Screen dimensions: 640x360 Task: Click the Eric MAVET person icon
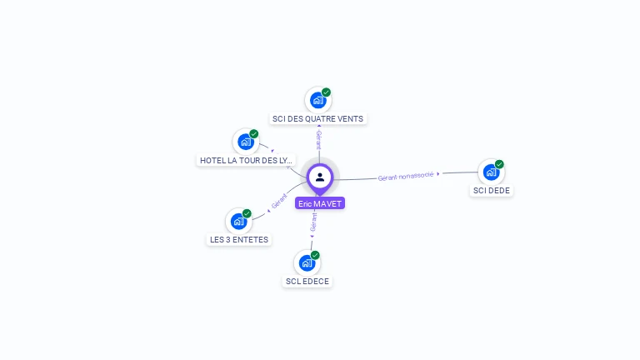[x=320, y=177]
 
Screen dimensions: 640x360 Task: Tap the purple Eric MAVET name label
[x=320, y=203]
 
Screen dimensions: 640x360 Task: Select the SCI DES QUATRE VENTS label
[x=317, y=119]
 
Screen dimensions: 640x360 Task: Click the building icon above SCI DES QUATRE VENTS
[x=317, y=100]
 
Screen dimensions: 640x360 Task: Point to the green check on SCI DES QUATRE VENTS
[x=327, y=92]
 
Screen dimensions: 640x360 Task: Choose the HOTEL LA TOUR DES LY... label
[x=246, y=160]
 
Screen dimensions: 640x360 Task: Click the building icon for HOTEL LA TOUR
[x=245, y=142]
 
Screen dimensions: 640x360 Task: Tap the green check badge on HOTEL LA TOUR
[x=254, y=133]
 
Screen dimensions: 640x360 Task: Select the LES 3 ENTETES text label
[x=239, y=240]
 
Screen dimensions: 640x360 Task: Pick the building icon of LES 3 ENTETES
[x=238, y=221]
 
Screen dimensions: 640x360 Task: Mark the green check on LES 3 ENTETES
[x=247, y=212]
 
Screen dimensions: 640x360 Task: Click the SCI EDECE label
[x=307, y=282]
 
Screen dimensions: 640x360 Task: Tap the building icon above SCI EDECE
[x=307, y=263]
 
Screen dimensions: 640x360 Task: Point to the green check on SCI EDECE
[x=316, y=255]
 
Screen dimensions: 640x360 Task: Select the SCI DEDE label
[x=491, y=191]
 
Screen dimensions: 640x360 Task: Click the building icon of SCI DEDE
[x=490, y=172]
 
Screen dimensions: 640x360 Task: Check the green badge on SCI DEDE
[x=500, y=164]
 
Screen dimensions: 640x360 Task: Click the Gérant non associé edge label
[x=406, y=176]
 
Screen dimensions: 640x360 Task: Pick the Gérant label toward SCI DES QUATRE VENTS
[x=318, y=140]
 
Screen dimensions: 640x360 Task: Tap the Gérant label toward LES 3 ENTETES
[x=279, y=201]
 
